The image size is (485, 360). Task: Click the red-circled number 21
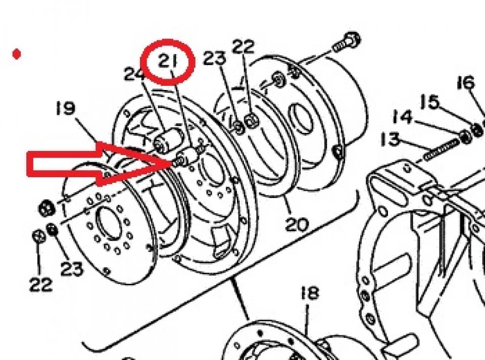[x=168, y=62]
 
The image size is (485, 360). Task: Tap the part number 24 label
[x=135, y=74]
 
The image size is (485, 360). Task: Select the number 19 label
[x=66, y=108]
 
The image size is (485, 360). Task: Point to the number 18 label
[x=310, y=293]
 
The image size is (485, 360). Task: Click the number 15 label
[x=430, y=101]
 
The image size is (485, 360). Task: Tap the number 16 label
[x=465, y=82]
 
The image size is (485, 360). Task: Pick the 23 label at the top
[x=214, y=58]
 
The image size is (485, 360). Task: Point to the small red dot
[x=17, y=54]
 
